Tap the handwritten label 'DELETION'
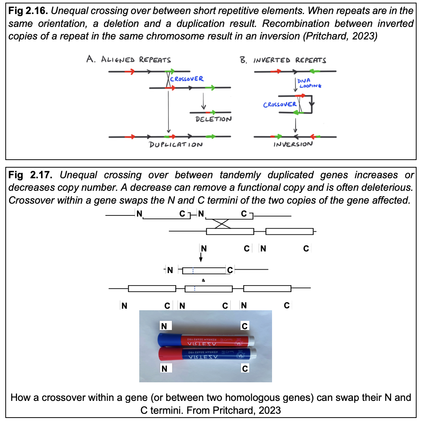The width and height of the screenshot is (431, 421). [213, 119]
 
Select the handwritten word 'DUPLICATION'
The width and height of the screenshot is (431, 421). [176, 145]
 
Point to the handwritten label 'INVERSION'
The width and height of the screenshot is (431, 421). [293, 144]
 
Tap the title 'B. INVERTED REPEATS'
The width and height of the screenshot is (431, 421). [283, 60]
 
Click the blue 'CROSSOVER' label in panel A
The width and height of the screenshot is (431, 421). [187, 79]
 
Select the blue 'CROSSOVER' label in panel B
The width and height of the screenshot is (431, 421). [280, 104]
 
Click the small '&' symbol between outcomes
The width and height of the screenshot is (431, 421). [203, 280]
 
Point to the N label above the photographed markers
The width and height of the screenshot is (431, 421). [164, 326]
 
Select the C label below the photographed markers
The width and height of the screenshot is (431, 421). [245, 369]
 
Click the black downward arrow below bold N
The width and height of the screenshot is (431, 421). [201, 258]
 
